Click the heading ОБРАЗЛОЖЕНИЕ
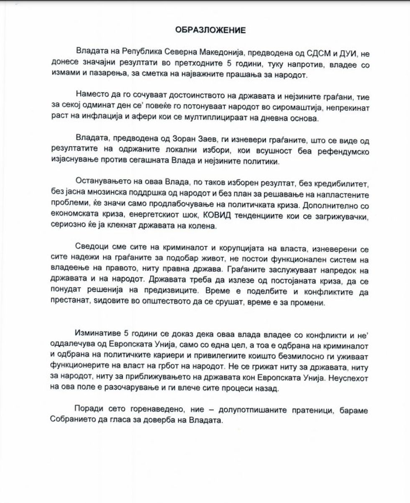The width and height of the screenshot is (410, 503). tap(204, 30)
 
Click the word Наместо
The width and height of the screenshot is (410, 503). tap(92, 97)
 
